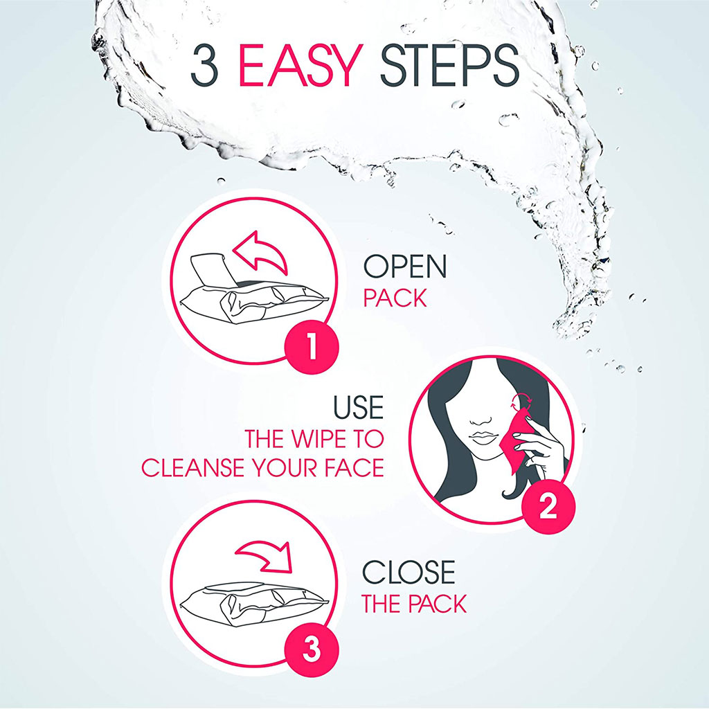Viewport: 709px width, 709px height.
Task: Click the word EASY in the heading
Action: [x=300, y=66]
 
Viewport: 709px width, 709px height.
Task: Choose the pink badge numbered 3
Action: [x=311, y=651]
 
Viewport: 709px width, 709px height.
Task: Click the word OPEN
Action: [x=405, y=267]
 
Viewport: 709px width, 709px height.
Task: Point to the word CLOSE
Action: [x=409, y=573]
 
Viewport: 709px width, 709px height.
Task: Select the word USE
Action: [x=358, y=409]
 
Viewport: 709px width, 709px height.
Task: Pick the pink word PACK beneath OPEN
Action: [x=395, y=299]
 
